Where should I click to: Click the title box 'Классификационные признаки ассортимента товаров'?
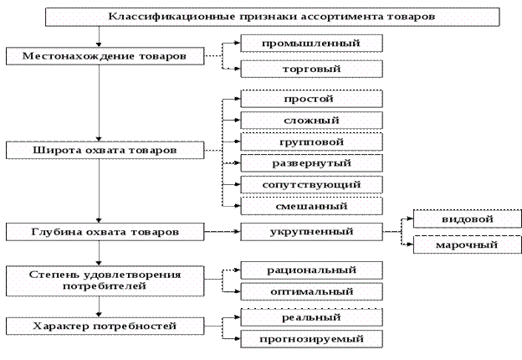pos(274,16)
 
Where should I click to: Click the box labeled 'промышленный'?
pos(311,43)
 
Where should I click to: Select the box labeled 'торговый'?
pos(311,69)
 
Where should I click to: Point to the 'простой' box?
pos(311,100)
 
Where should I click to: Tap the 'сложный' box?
pos(311,121)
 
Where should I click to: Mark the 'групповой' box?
pos(311,141)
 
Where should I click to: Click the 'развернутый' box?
pos(311,162)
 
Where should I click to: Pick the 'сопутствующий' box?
pos(311,183)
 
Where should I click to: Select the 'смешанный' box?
pos(311,204)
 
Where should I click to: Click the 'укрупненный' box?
pos(311,230)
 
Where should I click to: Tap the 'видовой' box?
pos(456,219)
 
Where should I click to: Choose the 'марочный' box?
pos(456,244)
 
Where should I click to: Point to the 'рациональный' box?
pos(311,270)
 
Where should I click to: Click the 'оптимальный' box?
pos(311,291)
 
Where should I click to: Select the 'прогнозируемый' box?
pos(311,339)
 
